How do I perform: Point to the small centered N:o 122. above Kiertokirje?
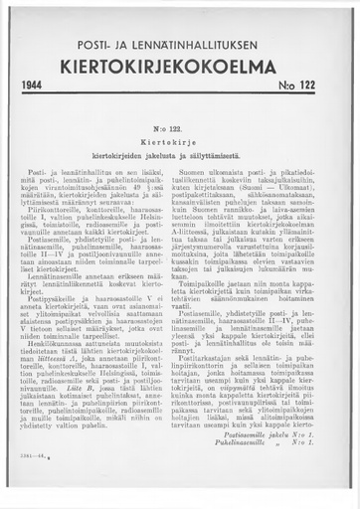(180, 130)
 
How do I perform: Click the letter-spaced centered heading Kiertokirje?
(180, 142)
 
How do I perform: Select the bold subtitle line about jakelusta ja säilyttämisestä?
(180, 155)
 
